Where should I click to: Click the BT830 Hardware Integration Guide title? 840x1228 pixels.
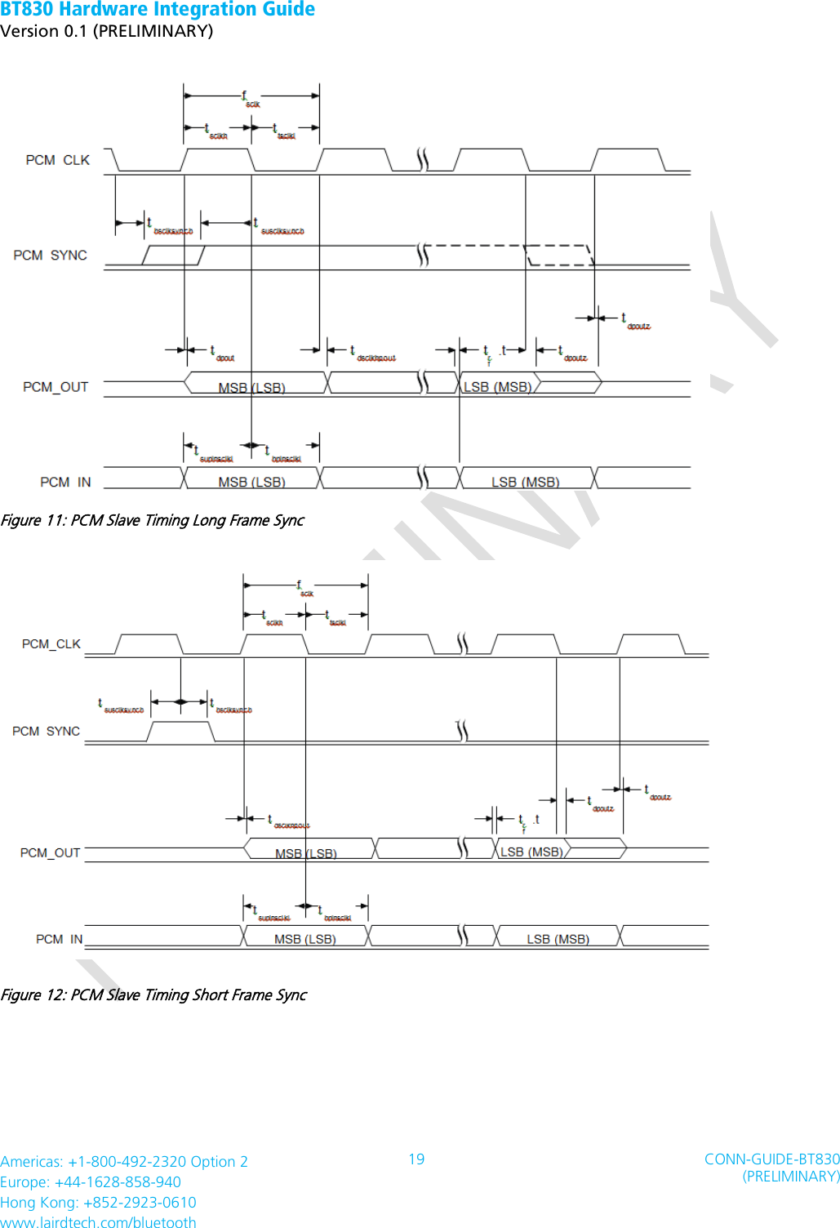[158, 10]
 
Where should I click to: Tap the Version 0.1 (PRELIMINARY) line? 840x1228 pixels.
[106, 31]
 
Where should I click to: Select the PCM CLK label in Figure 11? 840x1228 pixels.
[57, 160]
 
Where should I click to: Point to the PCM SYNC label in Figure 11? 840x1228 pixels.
[50, 256]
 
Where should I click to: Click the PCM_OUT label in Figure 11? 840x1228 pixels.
[56, 387]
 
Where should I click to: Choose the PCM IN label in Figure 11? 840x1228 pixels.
[65, 483]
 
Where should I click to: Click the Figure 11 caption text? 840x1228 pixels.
[152, 520]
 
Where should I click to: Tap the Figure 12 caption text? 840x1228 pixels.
[153, 994]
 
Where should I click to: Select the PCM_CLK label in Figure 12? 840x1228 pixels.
[51, 644]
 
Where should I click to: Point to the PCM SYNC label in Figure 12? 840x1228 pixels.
[46, 732]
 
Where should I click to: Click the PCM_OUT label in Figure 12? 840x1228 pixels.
[50, 853]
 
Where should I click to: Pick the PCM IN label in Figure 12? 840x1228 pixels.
[59, 940]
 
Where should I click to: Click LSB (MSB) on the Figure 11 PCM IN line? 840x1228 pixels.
[525, 483]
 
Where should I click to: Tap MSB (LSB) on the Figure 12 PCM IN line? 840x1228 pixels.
[304, 940]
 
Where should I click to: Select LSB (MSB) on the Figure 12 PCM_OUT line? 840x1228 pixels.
[531, 852]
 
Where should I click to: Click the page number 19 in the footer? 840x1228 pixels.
[416, 1159]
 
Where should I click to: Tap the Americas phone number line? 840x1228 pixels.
[124, 1162]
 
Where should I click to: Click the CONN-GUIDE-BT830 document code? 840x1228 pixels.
[771, 1159]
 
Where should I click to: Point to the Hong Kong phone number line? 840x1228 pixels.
[98, 1203]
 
